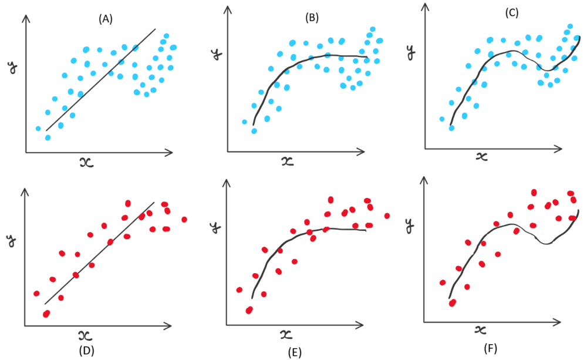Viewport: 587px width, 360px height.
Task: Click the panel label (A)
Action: click(x=105, y=19)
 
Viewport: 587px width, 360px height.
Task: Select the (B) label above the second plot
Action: click(x=312, y=18)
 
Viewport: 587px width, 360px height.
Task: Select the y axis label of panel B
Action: click(x=215, y=56)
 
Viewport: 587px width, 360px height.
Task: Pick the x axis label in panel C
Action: click(x=481, y=156)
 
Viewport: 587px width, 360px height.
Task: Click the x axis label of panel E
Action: click(x=286, y=335)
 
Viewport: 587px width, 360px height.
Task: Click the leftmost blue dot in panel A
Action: click(x=38, y=129)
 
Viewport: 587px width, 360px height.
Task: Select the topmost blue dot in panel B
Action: click(x=372, y=29)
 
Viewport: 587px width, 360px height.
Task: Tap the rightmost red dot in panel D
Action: click(x=184, y=219)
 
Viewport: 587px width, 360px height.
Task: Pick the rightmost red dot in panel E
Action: click(x=387, y=216)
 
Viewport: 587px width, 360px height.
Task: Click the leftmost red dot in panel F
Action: click(x=443, y=282)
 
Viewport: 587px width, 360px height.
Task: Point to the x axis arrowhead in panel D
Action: click(x=170, y=325)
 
